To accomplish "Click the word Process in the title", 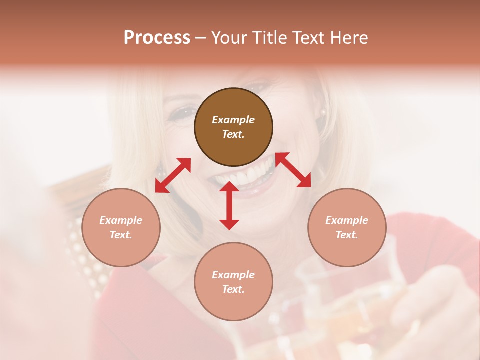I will coord(157,38).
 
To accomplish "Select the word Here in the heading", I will coord(349,38).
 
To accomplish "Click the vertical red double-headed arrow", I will coord(229,205).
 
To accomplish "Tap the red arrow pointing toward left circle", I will coord(173,175).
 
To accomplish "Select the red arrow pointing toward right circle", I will coord(293,170).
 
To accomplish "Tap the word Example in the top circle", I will coord(233,120).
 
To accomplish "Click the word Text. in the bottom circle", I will coord(233,289).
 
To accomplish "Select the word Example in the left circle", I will coord(121,220).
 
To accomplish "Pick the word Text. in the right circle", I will coord(347,235).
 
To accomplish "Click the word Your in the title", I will coord(229,38).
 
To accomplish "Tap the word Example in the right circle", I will coord(347,220).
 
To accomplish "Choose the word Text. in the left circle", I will coord(121,235).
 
